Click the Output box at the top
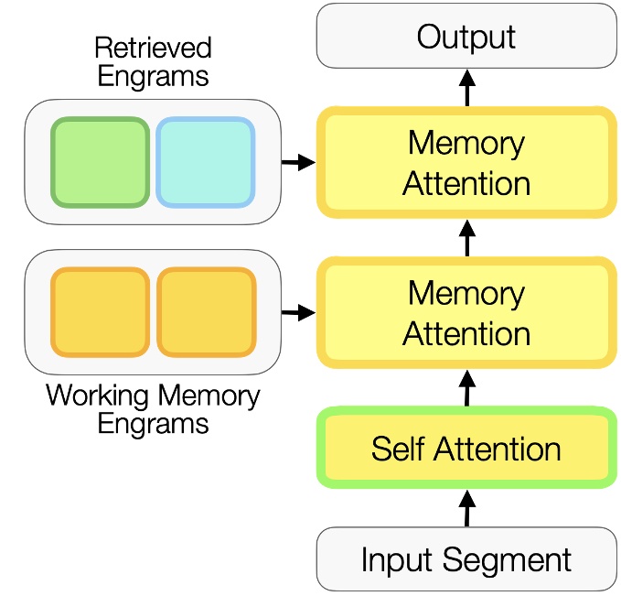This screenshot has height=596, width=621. [x=466, y=37]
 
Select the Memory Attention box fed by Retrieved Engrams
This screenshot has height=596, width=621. [x=466, y=163]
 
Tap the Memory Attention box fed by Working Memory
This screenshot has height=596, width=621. [x=466, y=312]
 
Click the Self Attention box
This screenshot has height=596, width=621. [x=466, y=449]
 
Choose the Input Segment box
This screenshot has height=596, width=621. [x=466, y=558]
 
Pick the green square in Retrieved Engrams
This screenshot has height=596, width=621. [x=100, y=162]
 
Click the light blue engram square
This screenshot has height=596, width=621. [x=205, y=162]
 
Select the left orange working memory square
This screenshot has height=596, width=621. [x=100, y=312]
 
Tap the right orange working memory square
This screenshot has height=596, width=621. [x=206, y=312]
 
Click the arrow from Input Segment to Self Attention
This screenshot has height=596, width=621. [x=466, y=508]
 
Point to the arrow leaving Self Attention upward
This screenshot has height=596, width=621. [x=466, y=388]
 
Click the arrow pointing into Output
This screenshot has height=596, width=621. [x=466, y=89]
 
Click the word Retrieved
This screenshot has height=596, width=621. [x=153, y=49]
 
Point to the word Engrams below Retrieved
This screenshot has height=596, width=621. [x=153, y=76]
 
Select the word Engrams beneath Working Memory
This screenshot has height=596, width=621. [x=153, y=424]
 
